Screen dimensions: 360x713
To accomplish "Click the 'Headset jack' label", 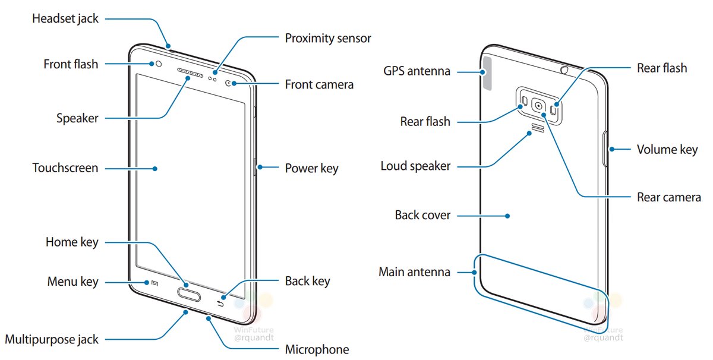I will pos(65,18).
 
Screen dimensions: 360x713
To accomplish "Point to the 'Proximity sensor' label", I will pos(328,38).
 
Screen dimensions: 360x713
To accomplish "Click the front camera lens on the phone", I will pos(229,84).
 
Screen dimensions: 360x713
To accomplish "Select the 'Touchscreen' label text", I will pos(65,168).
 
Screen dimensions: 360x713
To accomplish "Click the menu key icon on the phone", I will pos(154,283).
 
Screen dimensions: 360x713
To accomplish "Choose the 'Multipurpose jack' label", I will pos(52,339).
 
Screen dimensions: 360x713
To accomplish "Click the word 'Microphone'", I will pos(317,349).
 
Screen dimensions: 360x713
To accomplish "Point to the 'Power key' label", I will pos(311,168).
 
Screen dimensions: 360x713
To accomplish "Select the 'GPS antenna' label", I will pos(417,71).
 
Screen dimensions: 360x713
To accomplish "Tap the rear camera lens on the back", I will pos(538,106).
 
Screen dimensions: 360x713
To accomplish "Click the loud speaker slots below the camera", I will pos(538,128).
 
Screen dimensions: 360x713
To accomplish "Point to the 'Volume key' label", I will pos(667,149).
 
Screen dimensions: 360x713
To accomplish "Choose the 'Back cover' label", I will pos(422,214).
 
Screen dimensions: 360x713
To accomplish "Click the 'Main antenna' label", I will pos(415,272).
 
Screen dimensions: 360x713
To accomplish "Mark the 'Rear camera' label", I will pos(668,197).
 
